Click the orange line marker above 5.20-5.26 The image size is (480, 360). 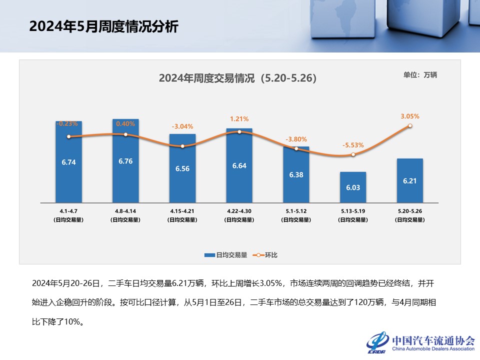(x=410, y=126)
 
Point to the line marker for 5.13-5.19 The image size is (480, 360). (x=353, y=155)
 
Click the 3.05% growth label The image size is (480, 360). (x=410, y=116)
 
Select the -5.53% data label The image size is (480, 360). (x=353, y=145)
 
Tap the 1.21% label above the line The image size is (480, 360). (x=239, y=119)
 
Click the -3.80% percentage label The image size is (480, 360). (x=296, y=139)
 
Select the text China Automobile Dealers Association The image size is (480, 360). (x=433, y=348)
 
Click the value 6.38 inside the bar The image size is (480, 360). (x=296, y=175)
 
